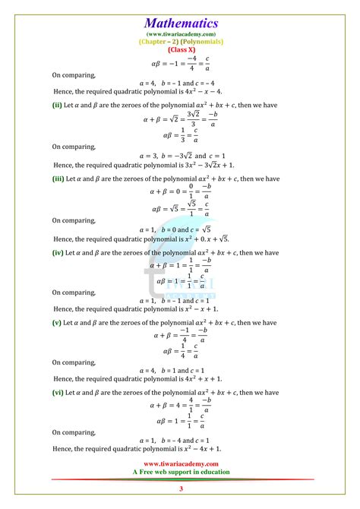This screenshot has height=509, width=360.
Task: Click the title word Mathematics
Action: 181,24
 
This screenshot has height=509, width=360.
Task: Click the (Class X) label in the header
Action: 181,49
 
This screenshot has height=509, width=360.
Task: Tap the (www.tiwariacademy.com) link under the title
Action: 181,34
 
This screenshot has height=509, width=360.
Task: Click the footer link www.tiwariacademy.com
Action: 181,463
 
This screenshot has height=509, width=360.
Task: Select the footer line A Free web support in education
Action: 181,471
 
